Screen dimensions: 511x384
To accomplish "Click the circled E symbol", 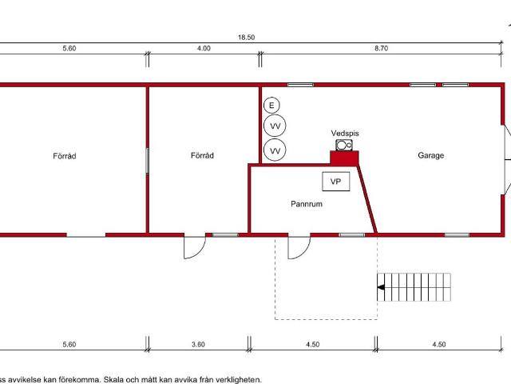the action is [x=271, y=106].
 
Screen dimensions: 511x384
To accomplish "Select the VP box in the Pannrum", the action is [x=336, y=182].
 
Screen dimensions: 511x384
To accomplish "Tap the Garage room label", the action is [x=431, y=155].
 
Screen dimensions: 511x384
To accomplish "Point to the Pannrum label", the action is [x=307, y=204].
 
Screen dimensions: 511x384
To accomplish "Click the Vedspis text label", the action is [x=345, y=134].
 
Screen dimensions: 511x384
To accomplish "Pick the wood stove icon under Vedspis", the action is [x=344, y=145].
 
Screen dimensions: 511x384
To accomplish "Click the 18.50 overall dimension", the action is [x=247, y=38].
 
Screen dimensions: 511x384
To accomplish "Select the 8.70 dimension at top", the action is [x=382, y=48].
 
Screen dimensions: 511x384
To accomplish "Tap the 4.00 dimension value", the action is [x=204, y=48].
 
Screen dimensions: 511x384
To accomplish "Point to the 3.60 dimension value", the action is [x=199, y=345].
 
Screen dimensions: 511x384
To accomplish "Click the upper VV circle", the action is [x=275, y=126].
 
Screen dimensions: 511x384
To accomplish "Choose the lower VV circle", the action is [x=275, y=150].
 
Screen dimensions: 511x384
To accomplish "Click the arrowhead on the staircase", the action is [x=381, y=287].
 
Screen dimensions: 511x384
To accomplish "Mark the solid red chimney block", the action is [x=344, y=158].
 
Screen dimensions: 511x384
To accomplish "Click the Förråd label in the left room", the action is [x=65, y=156].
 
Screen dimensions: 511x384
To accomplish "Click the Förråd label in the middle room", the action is [x=202, y=155].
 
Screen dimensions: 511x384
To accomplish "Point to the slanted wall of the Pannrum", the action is [x=367, y=199].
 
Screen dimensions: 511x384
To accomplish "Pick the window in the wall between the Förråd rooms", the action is [x=147, y=161].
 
